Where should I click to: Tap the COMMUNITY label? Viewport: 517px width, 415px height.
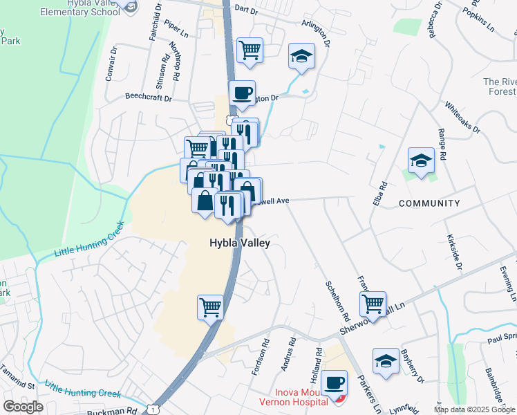[429, 203]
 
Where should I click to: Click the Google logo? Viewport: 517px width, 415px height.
[23, 407]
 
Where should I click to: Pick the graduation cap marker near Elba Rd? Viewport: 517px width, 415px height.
[421, 160]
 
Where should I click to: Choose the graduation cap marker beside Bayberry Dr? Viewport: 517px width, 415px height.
[386, 360]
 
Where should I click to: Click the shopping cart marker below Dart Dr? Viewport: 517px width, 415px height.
[250, 49]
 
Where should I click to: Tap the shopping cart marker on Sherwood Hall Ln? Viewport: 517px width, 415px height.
[373, 303]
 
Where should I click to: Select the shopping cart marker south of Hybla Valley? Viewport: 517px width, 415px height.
[210, 306]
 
